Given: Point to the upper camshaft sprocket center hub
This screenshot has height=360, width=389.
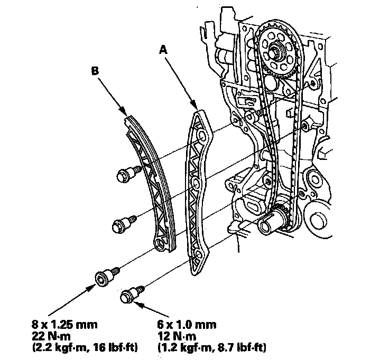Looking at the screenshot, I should point(275,53).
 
